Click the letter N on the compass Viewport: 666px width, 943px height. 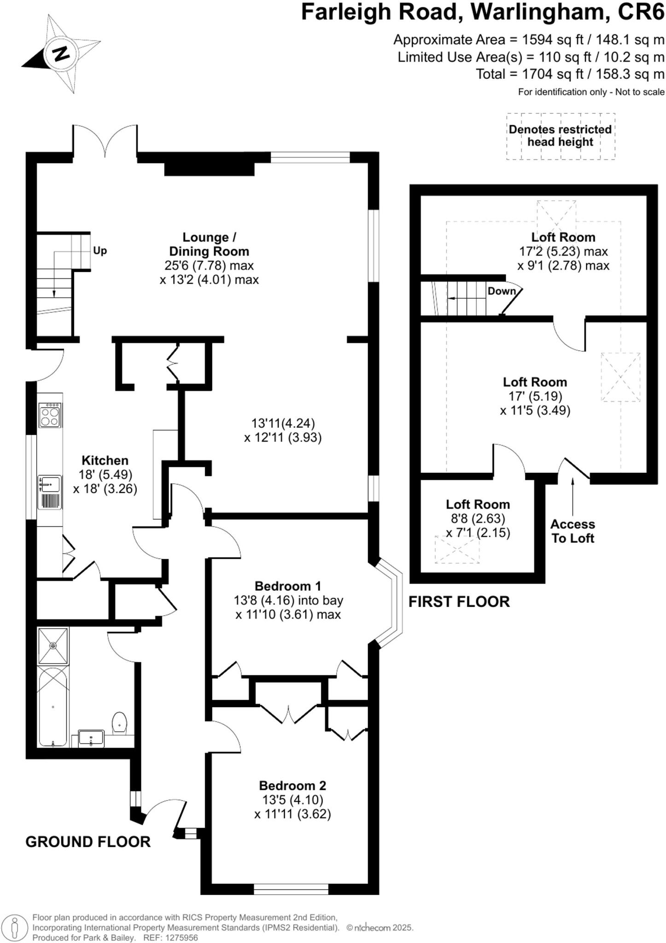[x=60, y=53]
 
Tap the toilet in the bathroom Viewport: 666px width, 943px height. [x=119, y=723]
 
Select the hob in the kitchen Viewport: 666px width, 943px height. [x=50, y=415]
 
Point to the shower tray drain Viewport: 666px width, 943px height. [x=53, y=646]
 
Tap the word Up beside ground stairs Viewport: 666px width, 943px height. [x=100, y=251]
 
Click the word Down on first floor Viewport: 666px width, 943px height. [x=502, y=291]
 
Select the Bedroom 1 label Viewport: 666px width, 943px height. [x=288, y=586]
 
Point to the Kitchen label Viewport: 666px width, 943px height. [x=105, y=460]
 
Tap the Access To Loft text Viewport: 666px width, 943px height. [x=573, y=531]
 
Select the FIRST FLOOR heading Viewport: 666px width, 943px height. [x=459, y=601]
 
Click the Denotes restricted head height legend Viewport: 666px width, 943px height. [x=560, y=136]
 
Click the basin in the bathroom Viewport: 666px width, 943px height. [x=91, y=739]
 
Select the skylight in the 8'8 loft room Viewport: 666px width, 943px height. [x=457, y=549]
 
